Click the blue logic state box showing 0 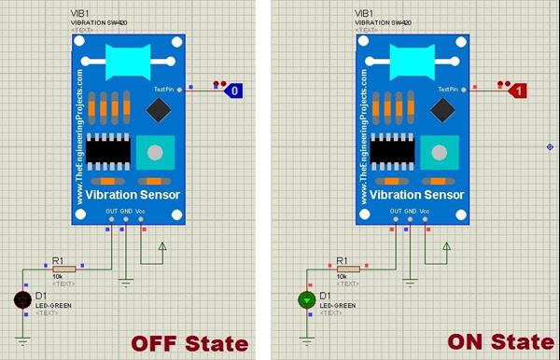[x=237, y=90]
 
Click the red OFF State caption [x=189, y=342]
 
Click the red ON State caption [x=486, y=342]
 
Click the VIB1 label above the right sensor [x=362, y=13]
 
